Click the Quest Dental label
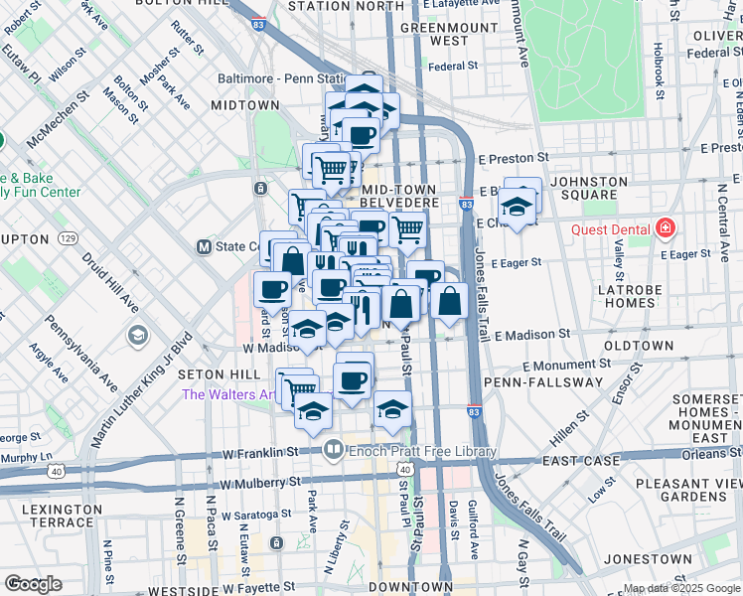[610, 230]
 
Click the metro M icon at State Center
[204, 246]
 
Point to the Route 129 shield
[68, 238]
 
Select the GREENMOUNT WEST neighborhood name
[434, 34]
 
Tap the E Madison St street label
[535, 335]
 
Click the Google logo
[34, 584]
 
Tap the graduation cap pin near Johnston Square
[518, 207]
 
